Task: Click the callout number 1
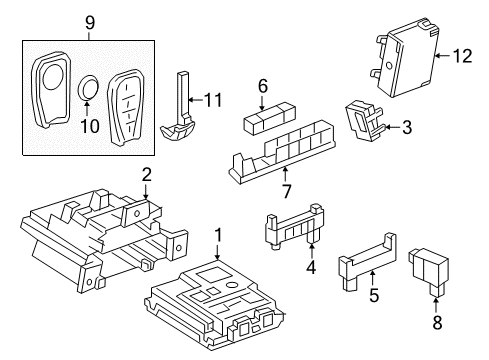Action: (x=219, y=237)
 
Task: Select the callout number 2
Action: (x=147, y=175)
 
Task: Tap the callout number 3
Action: (x=408, y=127)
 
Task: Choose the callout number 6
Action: (x=263, y=87)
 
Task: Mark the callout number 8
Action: (x=437, y=323)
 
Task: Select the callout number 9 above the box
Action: (x=90, y=20)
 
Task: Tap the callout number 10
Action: (x=88, y=127)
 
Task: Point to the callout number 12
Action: (x=461, y=57)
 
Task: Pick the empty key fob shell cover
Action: (x=51, y=92)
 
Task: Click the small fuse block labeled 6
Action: (x=265, y=122)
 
